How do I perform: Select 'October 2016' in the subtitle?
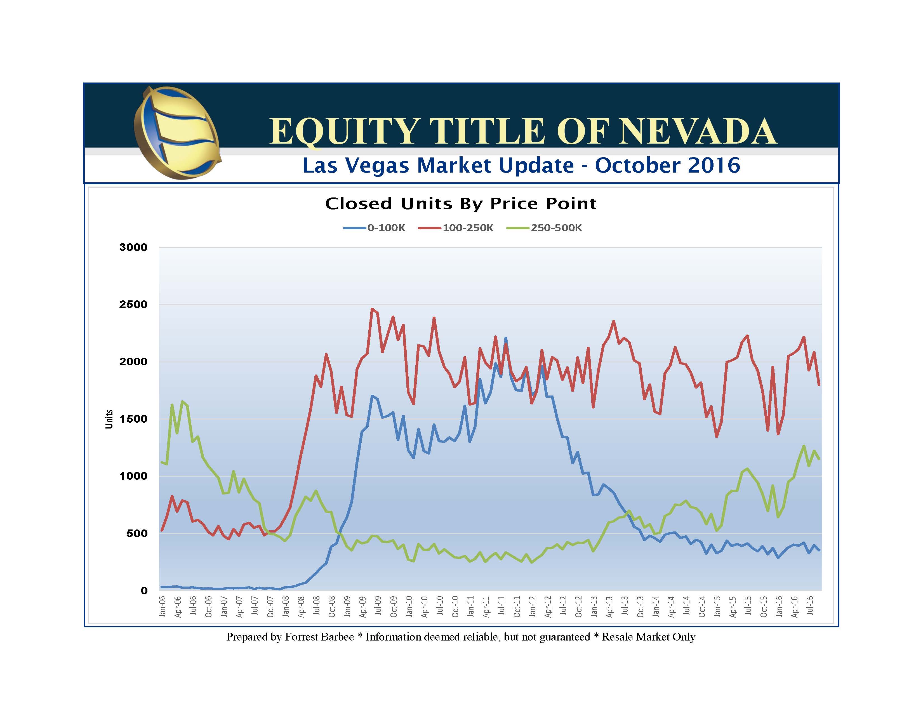tap(667, 165)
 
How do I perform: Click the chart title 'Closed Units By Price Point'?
tap(461, 204)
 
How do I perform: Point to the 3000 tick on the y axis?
tap(133, 247)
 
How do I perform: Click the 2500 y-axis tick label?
tap(133, 304)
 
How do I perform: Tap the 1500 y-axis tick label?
tap(133, 419)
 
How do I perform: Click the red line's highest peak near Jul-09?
tap(372, 309)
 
